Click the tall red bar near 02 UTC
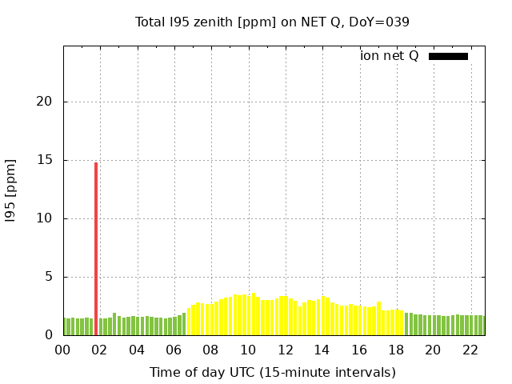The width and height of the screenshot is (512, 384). (96, 248)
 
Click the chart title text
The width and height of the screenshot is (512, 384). (272, 22)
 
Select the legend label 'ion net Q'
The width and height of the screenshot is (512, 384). (390, 56)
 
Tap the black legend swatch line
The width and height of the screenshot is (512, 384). (448, 56)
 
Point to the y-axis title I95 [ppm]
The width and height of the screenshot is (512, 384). (11, 190)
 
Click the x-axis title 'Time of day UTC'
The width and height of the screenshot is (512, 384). (272, 372)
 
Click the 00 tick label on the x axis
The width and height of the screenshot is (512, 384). (63, 350)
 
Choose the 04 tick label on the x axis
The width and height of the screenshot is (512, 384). (137, 350)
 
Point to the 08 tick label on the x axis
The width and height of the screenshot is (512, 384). (211, 350)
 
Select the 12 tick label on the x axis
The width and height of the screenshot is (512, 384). (285, 350)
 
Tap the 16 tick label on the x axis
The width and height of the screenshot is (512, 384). (359, 350)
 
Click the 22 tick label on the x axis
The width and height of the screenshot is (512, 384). (470, 350)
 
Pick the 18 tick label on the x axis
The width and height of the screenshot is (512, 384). (396, 350)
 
